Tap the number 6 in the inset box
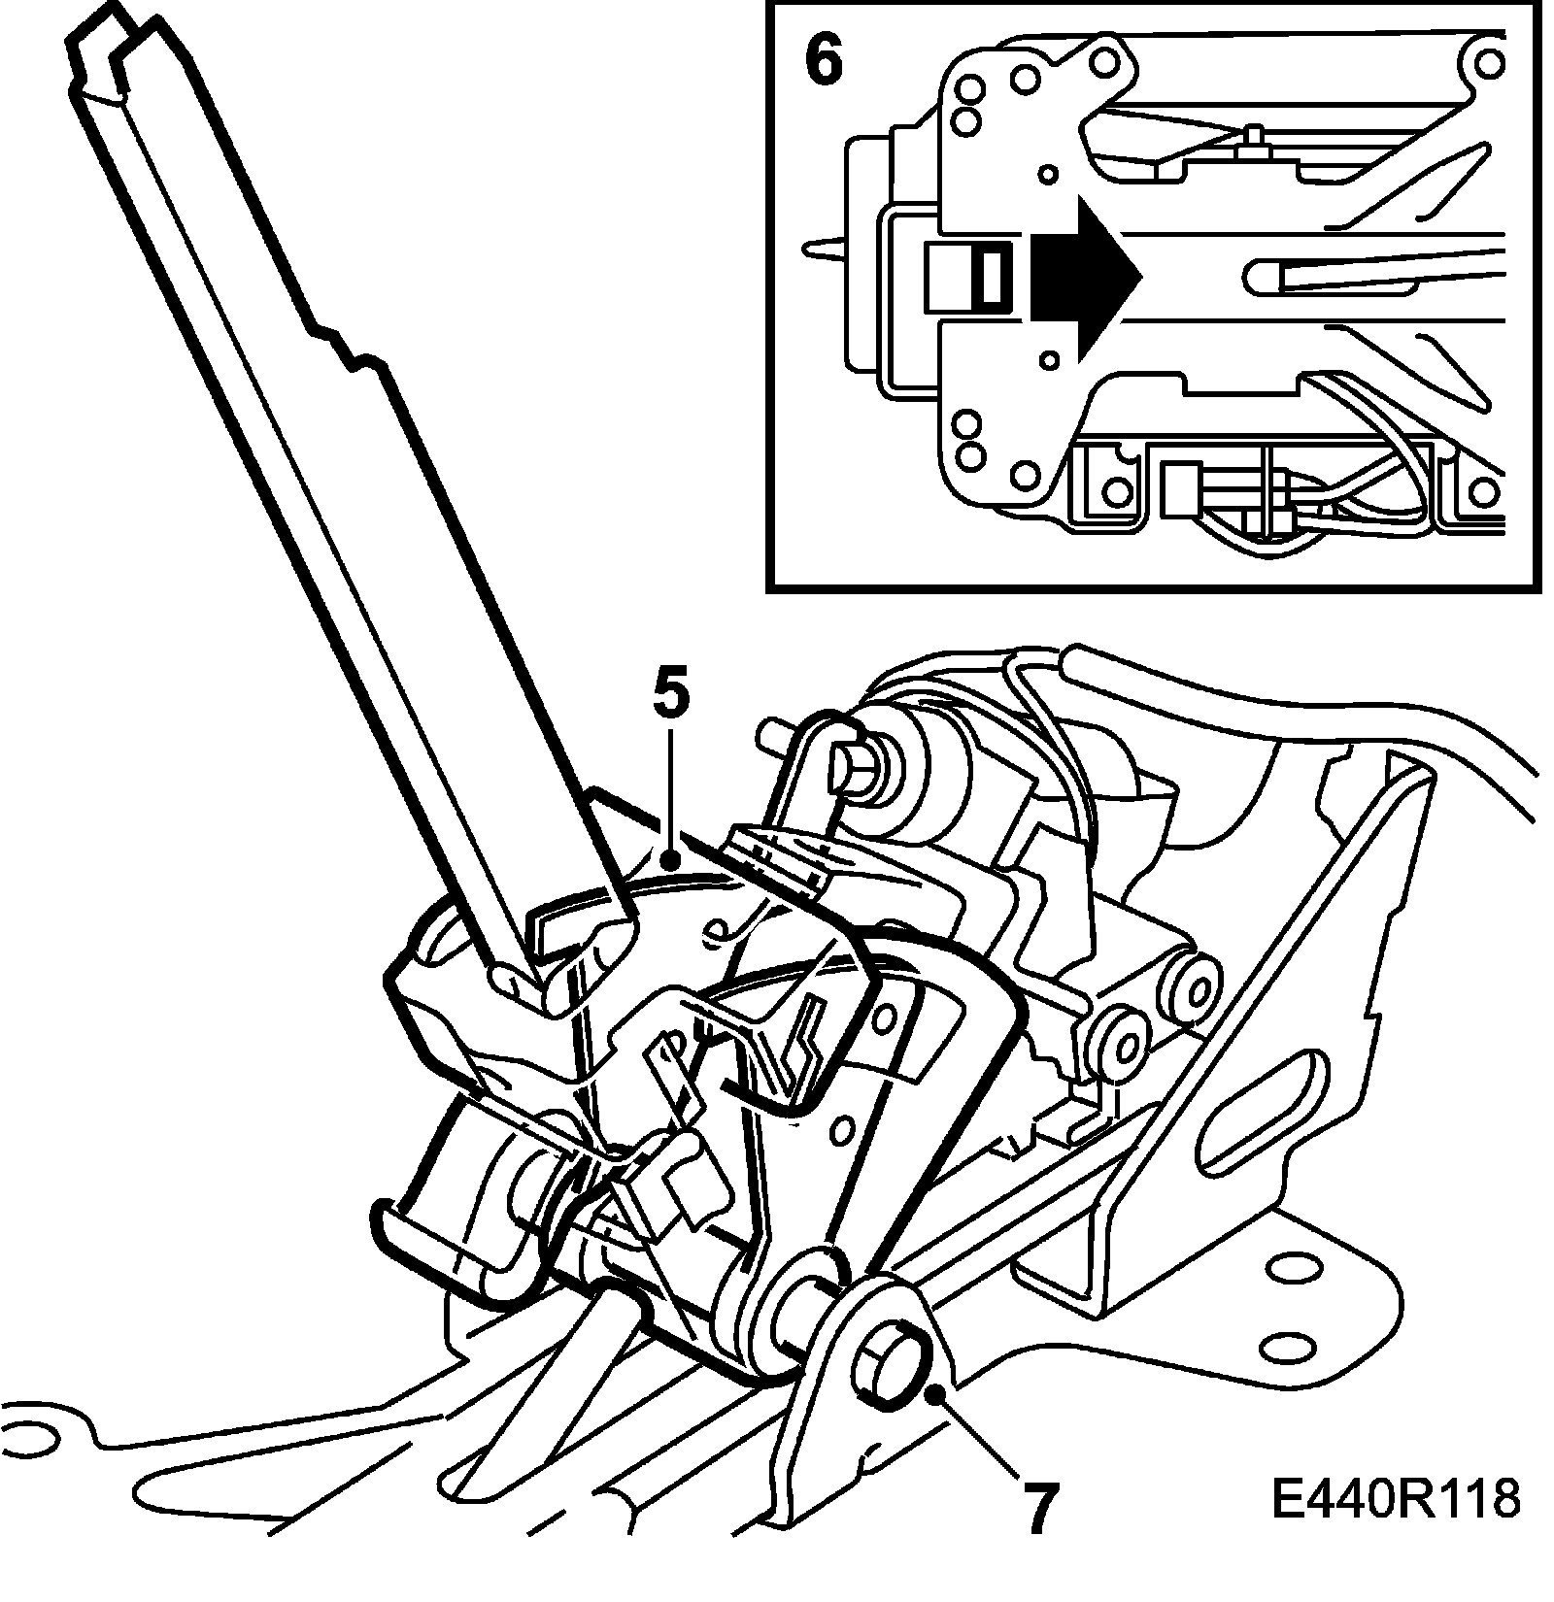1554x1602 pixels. (x=824, y=59)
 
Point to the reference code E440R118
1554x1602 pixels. (x=1395, y=1499)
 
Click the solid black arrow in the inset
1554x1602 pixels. (x=1083, y=275)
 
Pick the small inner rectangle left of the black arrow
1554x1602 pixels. (x=993, y=276)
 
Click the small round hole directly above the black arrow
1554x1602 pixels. (x=1048, y=174)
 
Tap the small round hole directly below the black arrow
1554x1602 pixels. (x=1048, y=360)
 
